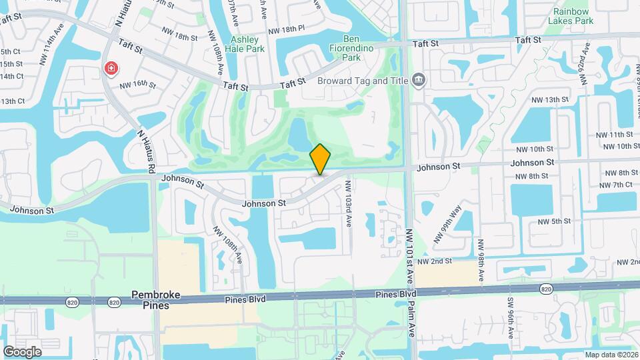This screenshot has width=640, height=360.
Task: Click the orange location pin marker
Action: point(321,159)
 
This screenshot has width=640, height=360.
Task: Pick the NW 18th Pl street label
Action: point(286,31)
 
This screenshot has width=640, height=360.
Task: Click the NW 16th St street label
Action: point(138,85)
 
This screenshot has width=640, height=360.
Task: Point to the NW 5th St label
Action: point(553,221)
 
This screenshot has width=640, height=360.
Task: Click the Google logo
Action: point(22,351)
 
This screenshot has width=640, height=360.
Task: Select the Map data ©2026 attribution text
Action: point(611,355)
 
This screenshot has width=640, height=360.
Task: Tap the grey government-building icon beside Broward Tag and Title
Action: point(419,80)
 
